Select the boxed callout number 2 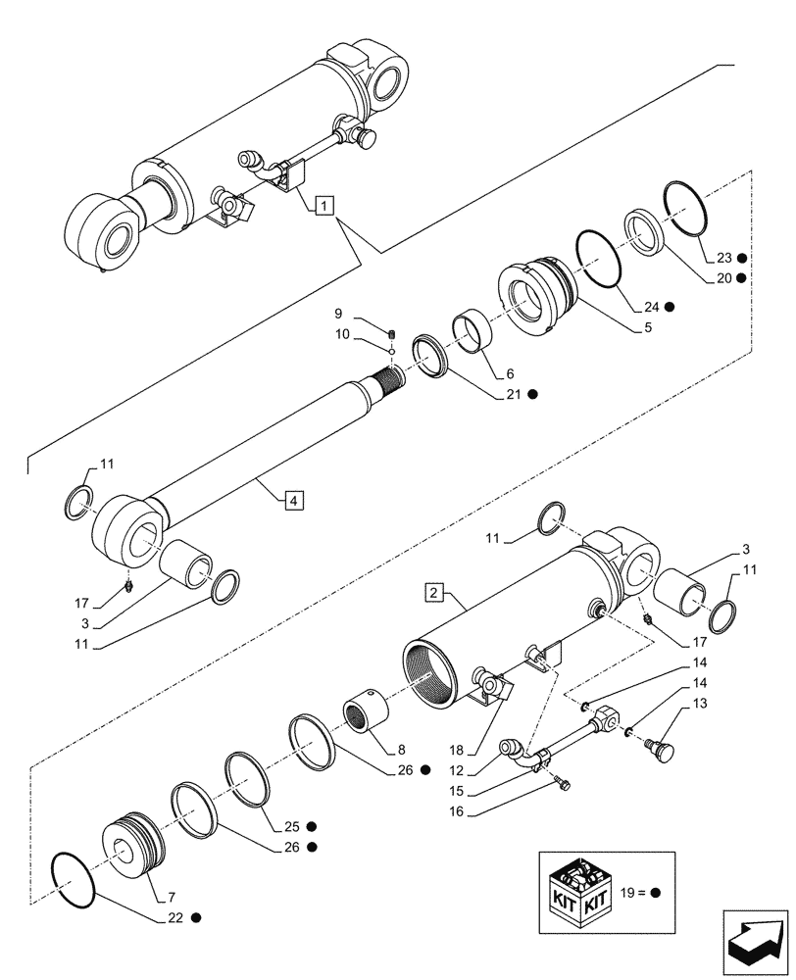pyautogui.click(x=434, y=592)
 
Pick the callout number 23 pyautogui.click(x=723, y=259)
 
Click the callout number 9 pyautogui.click(x=338, y=316)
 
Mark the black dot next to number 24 pyautogui.click(x=670, y=306)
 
